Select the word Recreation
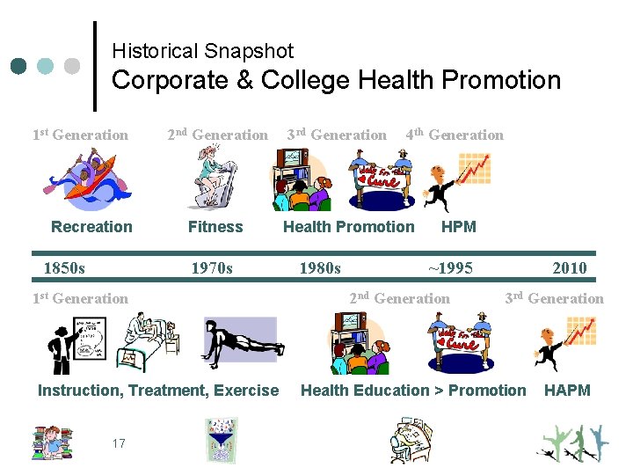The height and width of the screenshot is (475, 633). (91, 227)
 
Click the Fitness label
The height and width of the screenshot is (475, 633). (215, 227)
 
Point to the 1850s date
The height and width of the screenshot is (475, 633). (64, 268)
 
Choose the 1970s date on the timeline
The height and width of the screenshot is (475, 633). (212, 268)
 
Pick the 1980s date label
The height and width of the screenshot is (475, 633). (320, 268)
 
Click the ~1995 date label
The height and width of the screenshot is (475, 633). (450, 268)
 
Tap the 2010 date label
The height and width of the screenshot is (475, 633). (569, 268)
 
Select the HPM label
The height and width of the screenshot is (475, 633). (458, 227)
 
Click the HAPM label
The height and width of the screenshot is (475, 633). (567, 391)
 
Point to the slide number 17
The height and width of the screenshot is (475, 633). (119, 443)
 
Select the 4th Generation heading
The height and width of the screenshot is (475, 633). (455, 135)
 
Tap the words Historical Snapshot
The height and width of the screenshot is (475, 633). (202, 51)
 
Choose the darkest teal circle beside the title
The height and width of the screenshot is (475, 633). (20, 66)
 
